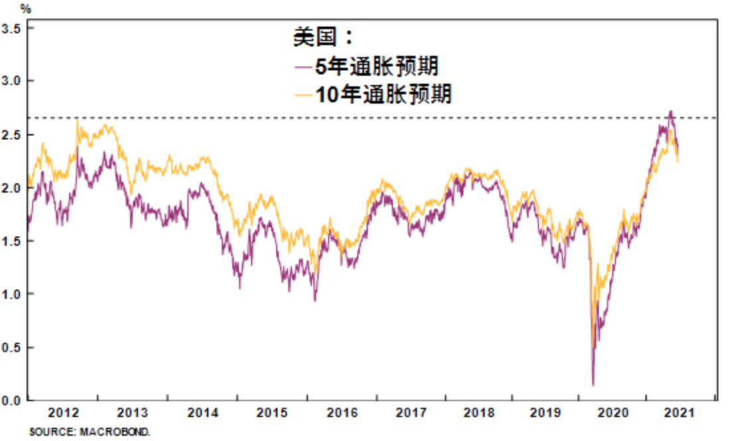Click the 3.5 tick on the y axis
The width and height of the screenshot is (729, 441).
[x=11, y=29]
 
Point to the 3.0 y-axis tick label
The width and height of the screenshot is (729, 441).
[x=11, y=81]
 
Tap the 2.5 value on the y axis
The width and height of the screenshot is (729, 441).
[x=11, y=135]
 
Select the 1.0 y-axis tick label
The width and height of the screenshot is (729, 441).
[x=11, y=294]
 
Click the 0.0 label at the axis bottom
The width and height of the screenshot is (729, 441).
[x=11, y=400]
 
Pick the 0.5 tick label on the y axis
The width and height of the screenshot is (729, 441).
[x=11, y=347]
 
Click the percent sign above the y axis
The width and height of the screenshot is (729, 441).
[x=25, y=9]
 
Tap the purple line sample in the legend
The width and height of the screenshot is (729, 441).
[x=303, y=66]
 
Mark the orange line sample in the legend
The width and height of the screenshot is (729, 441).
[x=303, y=94]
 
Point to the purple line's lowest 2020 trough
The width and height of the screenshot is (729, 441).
[x=593, y=384]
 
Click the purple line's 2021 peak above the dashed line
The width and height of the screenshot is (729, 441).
[x=671, y=112]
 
